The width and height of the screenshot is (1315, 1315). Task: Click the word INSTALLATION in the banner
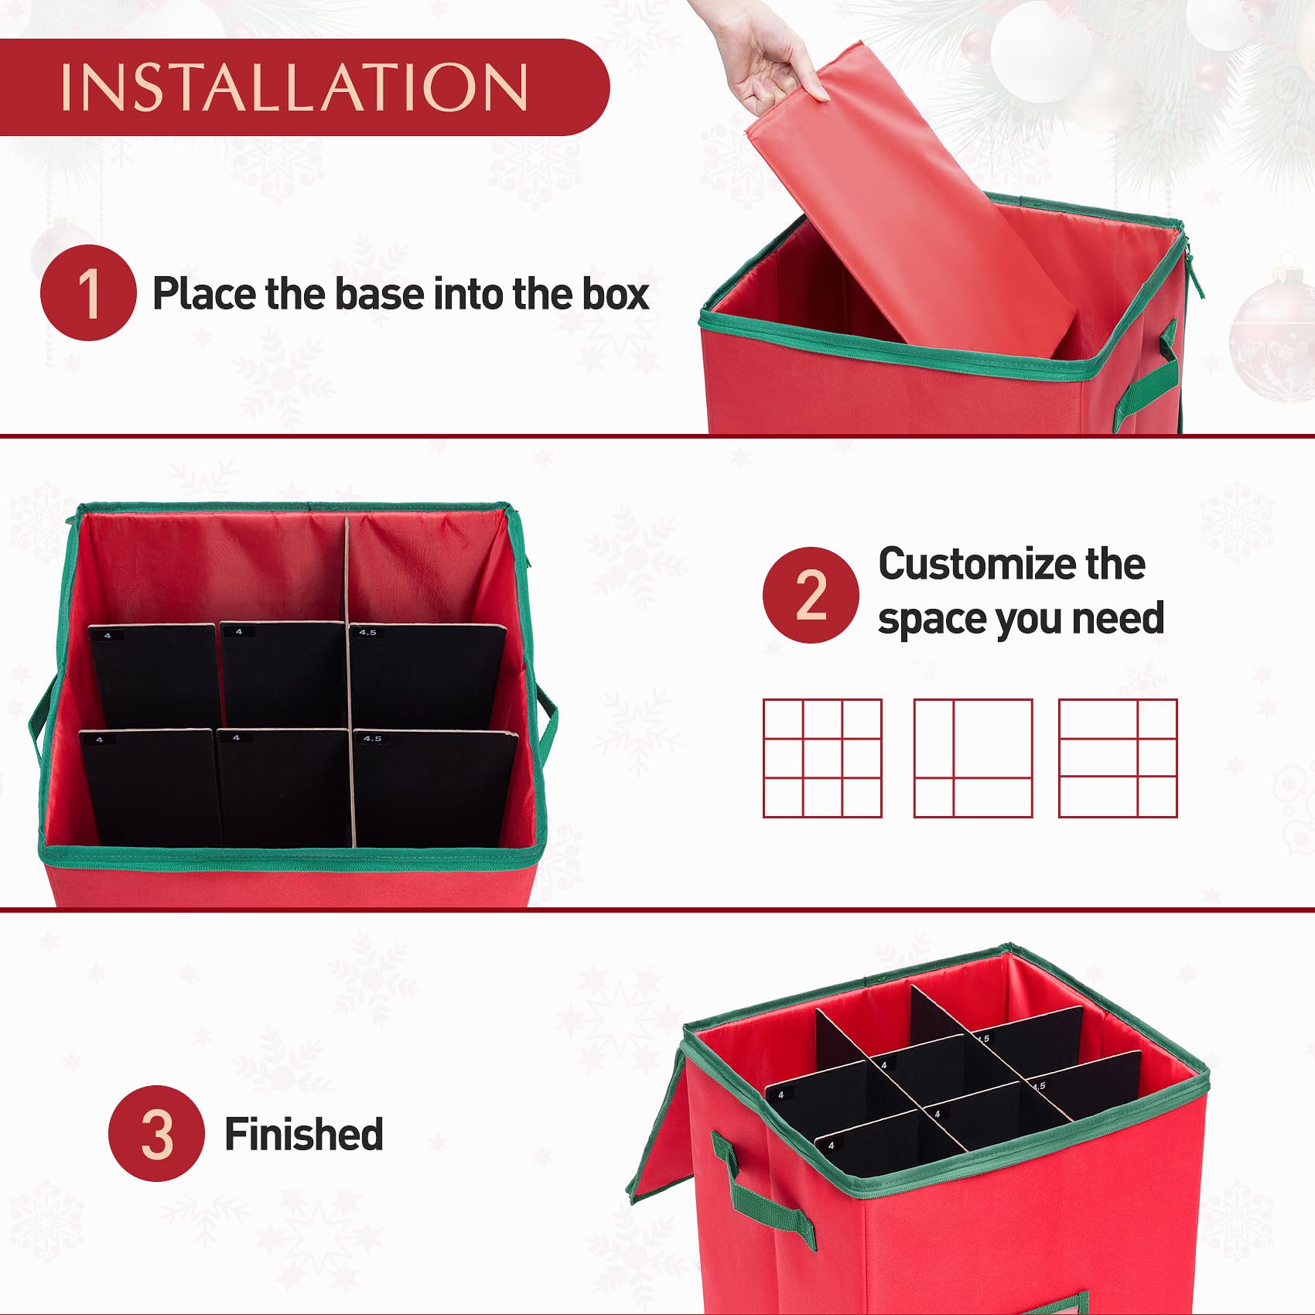(294, 87)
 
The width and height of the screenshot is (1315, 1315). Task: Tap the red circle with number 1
(88, 292)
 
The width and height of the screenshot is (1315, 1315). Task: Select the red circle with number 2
(811, 595)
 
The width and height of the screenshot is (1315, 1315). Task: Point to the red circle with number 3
(156, 1133)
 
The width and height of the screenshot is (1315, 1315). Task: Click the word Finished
(304, 1134)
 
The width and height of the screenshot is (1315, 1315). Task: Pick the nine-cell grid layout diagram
(822, 758)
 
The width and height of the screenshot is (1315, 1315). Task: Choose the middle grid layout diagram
(973, 758)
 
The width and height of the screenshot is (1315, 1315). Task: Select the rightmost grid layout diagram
(1118, 758)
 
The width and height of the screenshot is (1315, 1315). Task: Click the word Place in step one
(203, 294)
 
